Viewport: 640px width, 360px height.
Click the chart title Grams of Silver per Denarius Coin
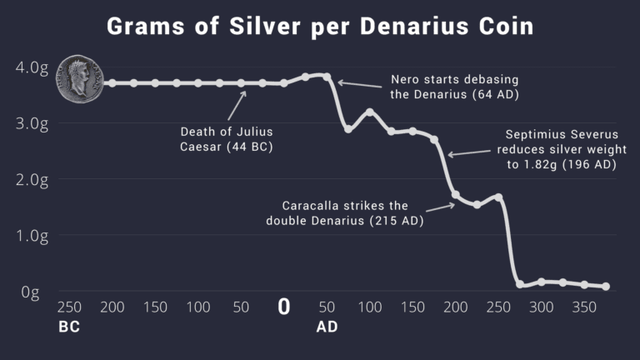[x=320, y=27]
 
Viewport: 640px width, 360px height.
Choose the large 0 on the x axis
[x=283, y=307]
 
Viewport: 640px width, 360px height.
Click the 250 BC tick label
[x=69, y=307]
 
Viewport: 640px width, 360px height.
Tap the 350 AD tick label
[x=584, y=307]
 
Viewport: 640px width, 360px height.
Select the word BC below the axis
[x=69, y=327]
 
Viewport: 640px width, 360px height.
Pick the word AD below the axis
[x=327, y=327]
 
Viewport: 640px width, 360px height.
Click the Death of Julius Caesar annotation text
[x=227, y=139]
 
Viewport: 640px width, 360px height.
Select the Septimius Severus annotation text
[x=557, y=149]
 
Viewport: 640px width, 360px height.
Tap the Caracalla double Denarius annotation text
[x=346, y=212]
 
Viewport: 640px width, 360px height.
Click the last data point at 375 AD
[x=606, y=287]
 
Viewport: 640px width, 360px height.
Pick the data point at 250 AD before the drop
[x=498, y=197]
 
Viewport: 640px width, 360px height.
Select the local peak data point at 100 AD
[x=370, y=112]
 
